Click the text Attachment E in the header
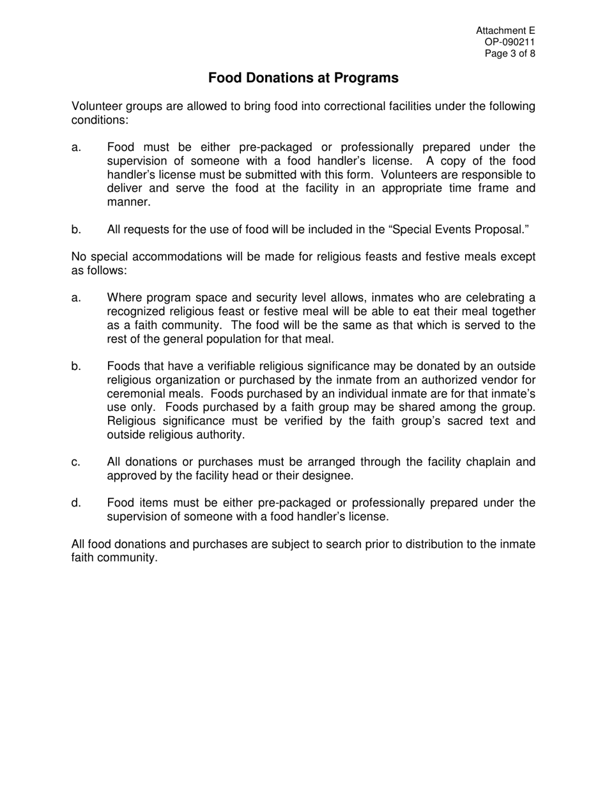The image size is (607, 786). (x=505, y=31)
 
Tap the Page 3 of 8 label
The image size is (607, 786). (x=510, y=54)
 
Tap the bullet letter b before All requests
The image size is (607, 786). (x=76, y=229)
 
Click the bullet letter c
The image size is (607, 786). (x=76, y=462)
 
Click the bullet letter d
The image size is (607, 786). (x=76, y=503)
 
